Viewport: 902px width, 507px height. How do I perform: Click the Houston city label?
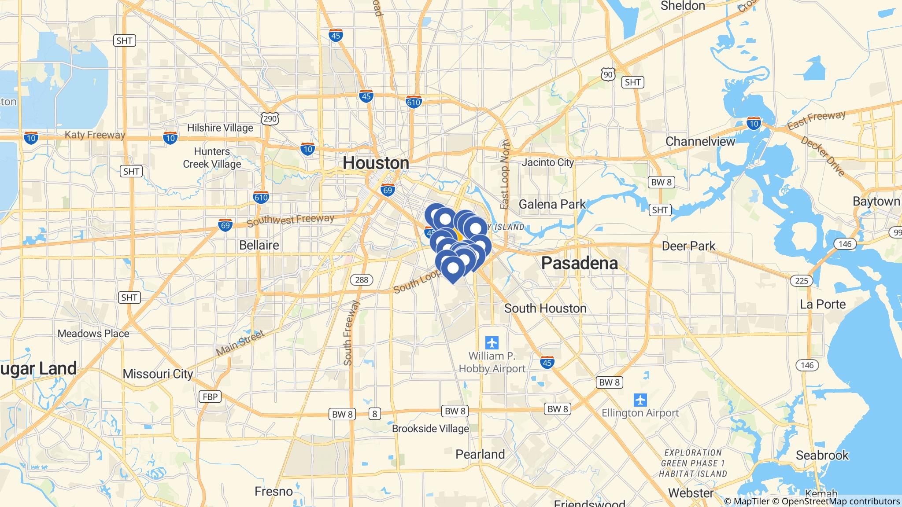point(376,163)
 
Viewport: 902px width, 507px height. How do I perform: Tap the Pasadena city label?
point(579,263)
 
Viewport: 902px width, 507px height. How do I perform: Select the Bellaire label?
point(259,245)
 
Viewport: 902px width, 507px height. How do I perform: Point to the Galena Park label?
point(552,204)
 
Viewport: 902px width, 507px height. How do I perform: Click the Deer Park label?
point(688,246)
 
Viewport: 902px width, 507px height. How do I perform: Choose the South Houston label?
point(545,309)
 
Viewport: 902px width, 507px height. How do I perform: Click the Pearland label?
point(480,454)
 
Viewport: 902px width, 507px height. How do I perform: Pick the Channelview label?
point(700,141)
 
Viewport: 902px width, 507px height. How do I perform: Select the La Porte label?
point(822,305)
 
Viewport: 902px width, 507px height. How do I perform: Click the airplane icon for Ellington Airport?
point(640,400)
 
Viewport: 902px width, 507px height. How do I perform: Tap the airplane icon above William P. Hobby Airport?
point(492,342)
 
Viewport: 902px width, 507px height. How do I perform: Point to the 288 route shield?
point(362,279)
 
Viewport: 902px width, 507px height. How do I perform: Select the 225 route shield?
point(801,280)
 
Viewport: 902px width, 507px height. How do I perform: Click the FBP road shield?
point(210,397)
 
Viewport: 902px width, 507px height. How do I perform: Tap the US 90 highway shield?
point(608,75)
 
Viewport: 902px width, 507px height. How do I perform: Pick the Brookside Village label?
point(430,429)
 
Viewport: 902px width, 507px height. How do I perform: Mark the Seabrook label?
point(822,455)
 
